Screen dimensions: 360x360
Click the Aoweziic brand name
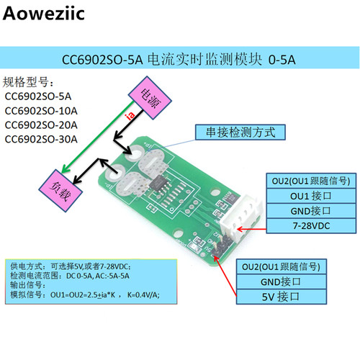[44, 13]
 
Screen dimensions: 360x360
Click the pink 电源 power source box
[150, 98]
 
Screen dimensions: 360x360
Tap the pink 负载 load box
[60, 191]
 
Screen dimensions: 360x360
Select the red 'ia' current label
[130, 115]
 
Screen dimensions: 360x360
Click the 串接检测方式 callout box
[240, 132]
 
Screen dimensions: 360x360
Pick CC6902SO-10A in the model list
[41, 111]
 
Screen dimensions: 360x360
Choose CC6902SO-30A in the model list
[41, 139]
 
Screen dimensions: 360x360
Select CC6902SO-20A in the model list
[41, 125]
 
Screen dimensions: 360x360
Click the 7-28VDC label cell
[311, 226]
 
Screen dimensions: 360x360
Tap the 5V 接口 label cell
[282, 297]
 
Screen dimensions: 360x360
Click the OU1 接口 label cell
[311, 196]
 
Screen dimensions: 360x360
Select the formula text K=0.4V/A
[143, 294]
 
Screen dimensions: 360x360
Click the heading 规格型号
[26, 82]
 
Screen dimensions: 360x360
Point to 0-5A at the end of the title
[282, 60]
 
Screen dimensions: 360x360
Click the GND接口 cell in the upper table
[311, 211]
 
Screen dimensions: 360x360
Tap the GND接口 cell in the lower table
[282, 282]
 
